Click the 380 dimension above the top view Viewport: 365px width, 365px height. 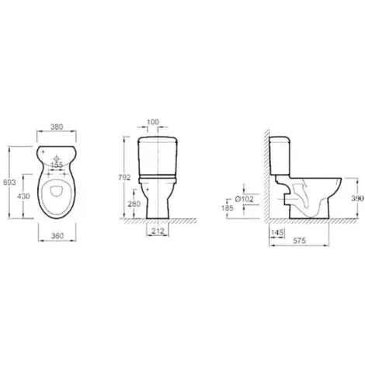pyautogui.click(x=57, y=127)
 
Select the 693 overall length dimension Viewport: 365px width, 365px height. pyautogui.click(x=9, y=182)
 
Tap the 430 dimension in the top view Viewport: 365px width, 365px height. pyautogui.click(x=23, y=196)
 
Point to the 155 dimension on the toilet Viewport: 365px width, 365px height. pyautogui.click(x=57, y=165)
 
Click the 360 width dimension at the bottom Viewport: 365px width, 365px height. pyautogui.click(x=57, y=236)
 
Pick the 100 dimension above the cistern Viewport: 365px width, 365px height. pyautogui.click(x=153, y=122)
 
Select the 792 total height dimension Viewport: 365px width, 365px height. pyautogui.click(x=124, y=178)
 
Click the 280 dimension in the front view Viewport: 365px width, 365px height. pyautogui.click(x=134, y=203)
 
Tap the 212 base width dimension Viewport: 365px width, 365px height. pyautogui.click(x=158, y=231)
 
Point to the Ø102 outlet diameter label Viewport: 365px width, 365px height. pyautogui.click(x=244, y=199)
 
